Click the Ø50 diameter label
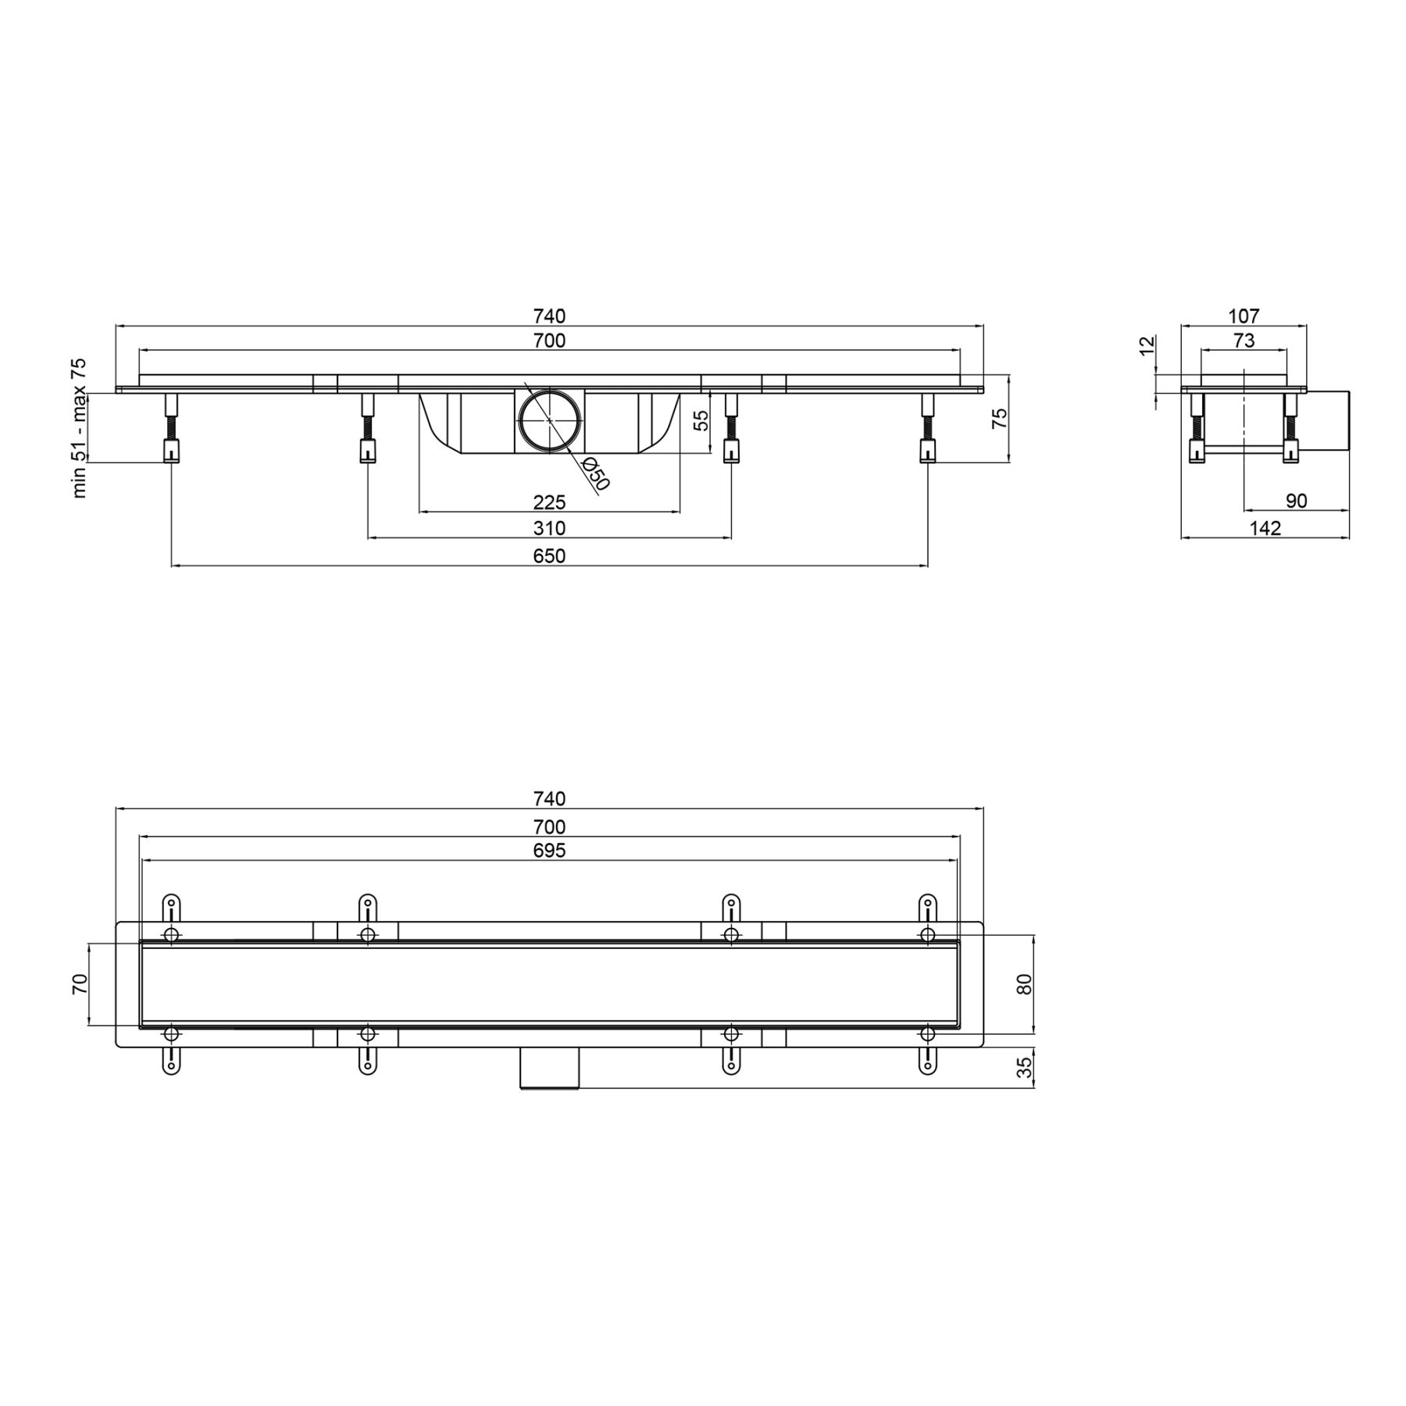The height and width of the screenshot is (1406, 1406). pyautogui.click(x=594, y=473)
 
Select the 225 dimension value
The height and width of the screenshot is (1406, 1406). pyautogui.click(x=549, y=501)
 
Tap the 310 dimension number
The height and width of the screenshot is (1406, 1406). pyautogui.click(x=549, y=528)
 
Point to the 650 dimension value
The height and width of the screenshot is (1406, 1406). pyautogui.click(x=549, y=556)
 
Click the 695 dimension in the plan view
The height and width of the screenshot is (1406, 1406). pyautogui.click(x=549, y=851)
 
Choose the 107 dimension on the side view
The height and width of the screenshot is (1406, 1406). pyautogui.click(x=1244, y=316)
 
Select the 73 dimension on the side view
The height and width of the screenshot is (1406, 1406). pyautogui.click(x=1244, y=341)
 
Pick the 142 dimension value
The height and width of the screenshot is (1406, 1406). pyautogui.click(x=1265, y=528)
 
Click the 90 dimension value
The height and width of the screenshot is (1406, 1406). pyautogui.click(x=1296, y=501)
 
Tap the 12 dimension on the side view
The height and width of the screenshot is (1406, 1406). pyautogui.click(x=1147, y=345)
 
